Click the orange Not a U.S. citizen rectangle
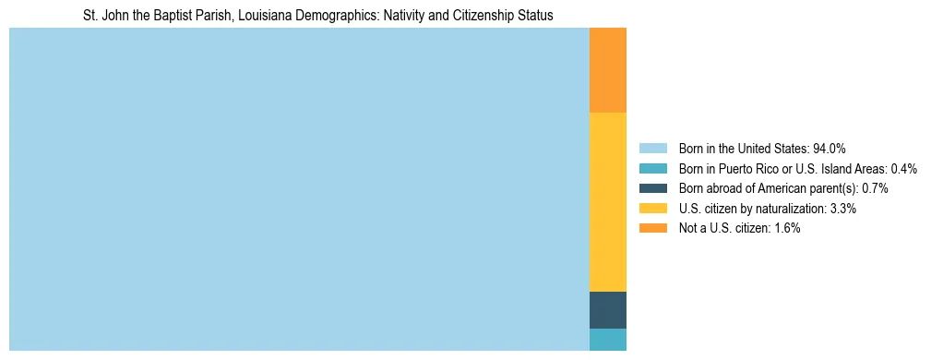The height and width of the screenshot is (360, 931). (607, 70)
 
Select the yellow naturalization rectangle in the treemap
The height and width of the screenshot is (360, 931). (607, 201)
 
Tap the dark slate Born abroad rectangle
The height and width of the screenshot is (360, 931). (607, 310)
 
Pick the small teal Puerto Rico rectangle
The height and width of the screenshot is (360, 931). (607, 340)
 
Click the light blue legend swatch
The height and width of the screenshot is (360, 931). (652, 149)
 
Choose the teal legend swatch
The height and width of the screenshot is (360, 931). (652, 169)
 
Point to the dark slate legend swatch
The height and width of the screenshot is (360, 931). (652, 188)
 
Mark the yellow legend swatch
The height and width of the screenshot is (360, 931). (652, 209)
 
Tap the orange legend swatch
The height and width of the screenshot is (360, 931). (652, 229)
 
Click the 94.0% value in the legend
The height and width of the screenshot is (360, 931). (830, 149)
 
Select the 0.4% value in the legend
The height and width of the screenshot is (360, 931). (903, 169)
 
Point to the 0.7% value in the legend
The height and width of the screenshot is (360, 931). (874, 188)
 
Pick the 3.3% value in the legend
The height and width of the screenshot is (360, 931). (843, 209)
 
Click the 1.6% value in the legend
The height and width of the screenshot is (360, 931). (786, 229)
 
